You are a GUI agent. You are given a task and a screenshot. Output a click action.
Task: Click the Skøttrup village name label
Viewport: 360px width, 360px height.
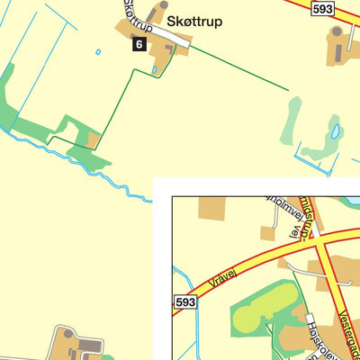coord(193,22)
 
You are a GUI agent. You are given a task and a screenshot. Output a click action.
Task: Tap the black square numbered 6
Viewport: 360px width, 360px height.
coord(139,44)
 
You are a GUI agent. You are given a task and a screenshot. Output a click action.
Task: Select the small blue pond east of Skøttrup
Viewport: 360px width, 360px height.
coord(336,131)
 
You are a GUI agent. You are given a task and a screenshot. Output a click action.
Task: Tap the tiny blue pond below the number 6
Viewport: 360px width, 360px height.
coord(155,67)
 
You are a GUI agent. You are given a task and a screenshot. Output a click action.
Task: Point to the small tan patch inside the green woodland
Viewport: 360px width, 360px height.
coord(93,139)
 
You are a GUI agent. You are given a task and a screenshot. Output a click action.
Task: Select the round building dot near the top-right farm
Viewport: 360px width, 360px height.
coord(337,31)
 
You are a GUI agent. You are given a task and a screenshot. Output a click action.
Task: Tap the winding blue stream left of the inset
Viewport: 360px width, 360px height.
coord(108,176)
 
